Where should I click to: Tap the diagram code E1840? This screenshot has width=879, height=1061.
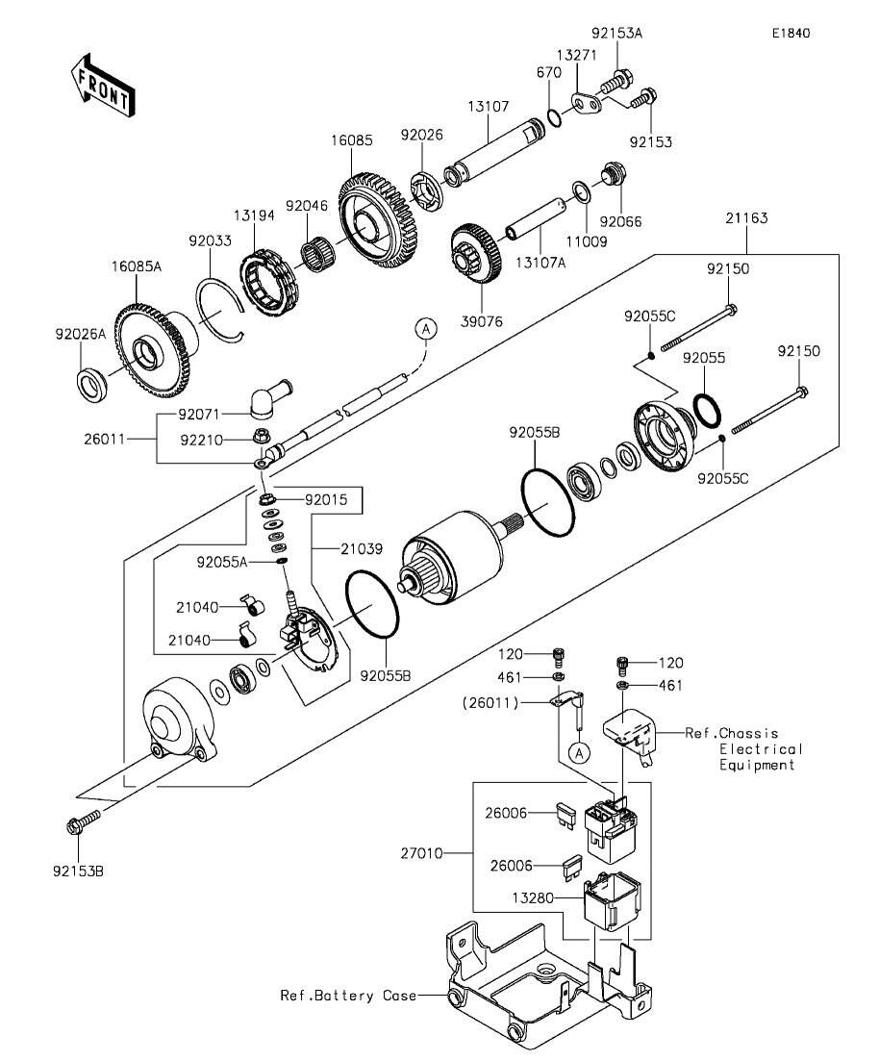pyautogui.click(x=791, y=33)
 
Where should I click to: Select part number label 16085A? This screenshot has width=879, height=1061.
pyautogui.click(x=137, y=266)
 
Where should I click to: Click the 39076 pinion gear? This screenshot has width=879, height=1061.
pyautogui.click(x=476, y=254)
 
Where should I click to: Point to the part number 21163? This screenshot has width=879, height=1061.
pyautogui.click(x=747, y=218)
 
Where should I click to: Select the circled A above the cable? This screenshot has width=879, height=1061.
pyautogui.click(x=426, y=329)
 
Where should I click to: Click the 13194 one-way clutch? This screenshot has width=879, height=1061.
pyautogui.click(x=269, y=283)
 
